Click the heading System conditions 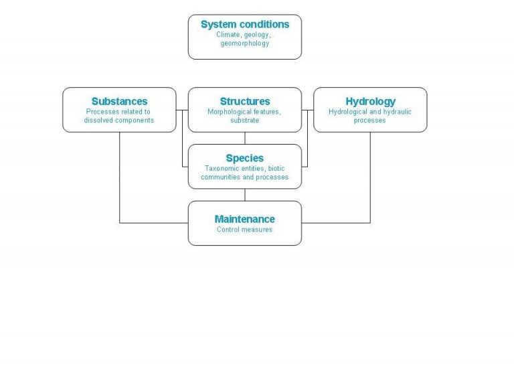245,24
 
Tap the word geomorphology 244,44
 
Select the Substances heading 119,101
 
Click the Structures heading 245,101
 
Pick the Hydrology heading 370,101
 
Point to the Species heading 244,158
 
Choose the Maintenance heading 244,219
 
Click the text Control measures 244,230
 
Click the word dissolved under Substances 99,120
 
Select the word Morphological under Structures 230,112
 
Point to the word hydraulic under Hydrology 397,112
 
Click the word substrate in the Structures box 244,121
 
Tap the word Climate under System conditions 228,34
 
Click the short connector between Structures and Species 245,138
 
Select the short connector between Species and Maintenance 245,195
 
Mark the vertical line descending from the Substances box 119,177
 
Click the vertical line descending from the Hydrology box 370,177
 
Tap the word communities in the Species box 218,177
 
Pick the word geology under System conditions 257,35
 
